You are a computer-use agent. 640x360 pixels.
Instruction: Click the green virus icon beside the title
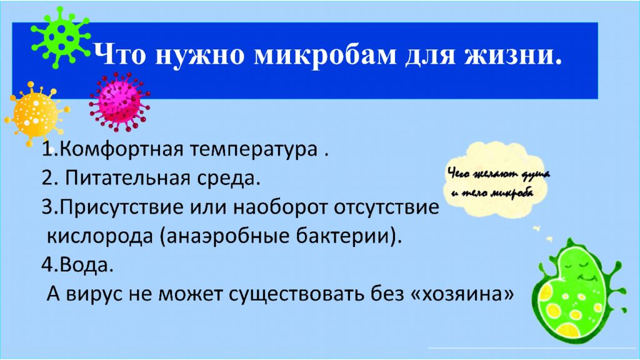(61, 37)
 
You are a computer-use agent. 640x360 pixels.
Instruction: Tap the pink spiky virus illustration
(119, 102)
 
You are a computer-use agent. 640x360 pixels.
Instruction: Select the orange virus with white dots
(36, 114)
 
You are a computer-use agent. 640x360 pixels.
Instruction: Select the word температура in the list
(254, 150)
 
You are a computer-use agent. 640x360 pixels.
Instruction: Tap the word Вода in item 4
(85, 265)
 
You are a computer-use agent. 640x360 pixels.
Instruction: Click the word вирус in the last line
(94, 294)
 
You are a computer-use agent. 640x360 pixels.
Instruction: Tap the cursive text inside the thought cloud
(498, 183)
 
